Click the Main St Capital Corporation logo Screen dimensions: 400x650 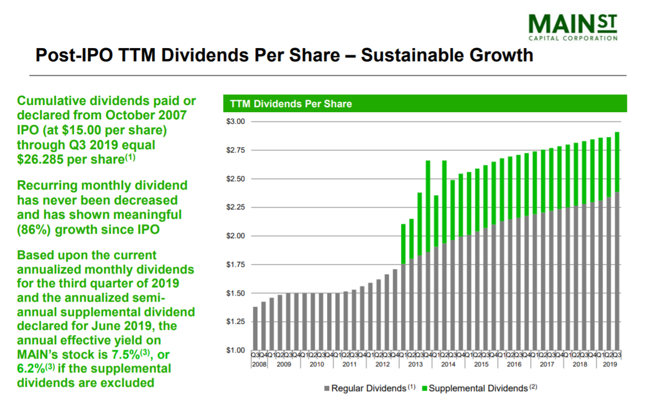(x=572, y=27)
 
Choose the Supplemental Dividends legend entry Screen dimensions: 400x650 (x=478, y=388)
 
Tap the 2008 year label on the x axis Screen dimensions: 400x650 (x=260, y=364)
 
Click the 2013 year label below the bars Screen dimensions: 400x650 (x=415, y=364)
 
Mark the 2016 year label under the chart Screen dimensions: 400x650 (x=514, y=364)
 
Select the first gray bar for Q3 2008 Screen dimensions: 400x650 (x=255, y=329)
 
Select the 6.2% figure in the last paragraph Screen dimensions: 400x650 (x=34, y=369)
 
